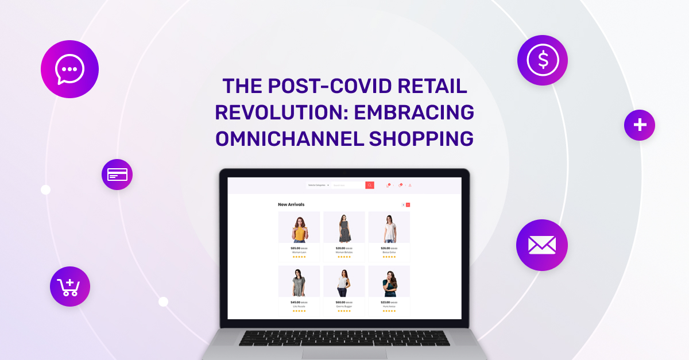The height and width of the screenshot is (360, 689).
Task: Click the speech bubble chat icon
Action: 69,69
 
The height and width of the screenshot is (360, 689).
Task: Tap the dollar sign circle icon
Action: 542,60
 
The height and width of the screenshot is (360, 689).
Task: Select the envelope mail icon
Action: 541,245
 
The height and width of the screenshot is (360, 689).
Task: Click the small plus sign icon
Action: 639,125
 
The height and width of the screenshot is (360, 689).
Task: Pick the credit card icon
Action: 117,174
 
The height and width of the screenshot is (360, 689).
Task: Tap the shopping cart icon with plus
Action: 69,287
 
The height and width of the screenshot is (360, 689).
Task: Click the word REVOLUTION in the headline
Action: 279,113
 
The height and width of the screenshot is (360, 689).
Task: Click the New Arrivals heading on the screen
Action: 291,204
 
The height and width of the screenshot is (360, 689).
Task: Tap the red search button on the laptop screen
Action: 370,185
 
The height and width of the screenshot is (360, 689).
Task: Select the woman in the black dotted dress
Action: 344,229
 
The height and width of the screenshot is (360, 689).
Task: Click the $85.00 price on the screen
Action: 295,248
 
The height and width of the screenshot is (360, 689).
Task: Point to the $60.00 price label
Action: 340,302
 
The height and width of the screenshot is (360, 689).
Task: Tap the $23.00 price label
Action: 385,302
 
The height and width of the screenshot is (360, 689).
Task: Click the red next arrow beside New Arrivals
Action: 408,204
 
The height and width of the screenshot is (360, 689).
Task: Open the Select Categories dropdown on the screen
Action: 318,185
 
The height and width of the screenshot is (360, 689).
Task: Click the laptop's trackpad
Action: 344,354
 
